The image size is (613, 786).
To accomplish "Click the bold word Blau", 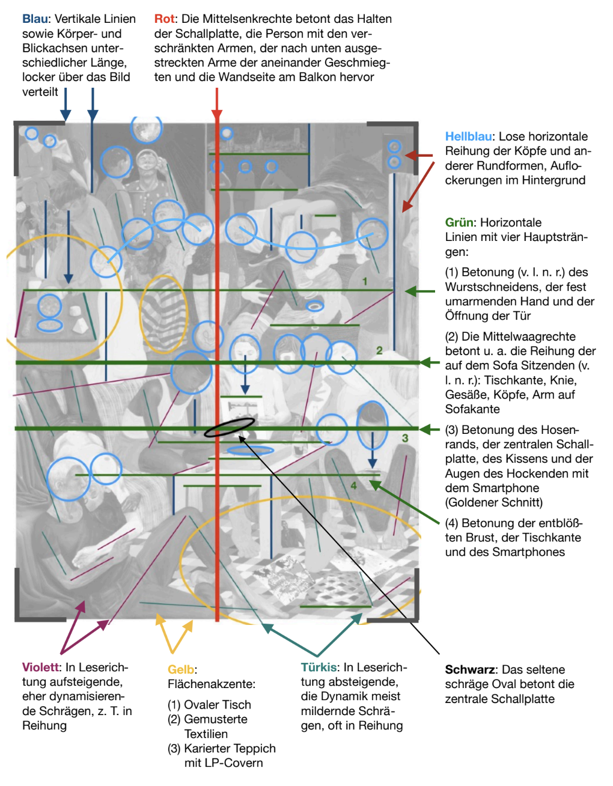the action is click(35, 19).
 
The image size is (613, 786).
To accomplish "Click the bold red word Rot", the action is click(164, 19).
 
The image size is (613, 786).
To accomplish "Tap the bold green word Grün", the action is click(459, 223).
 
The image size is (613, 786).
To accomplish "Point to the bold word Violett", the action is click(41, 668).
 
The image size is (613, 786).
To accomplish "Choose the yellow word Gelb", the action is click(181, 670).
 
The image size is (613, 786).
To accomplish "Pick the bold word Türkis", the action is click(319, 668).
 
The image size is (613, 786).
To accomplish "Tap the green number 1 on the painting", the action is click(365, 281).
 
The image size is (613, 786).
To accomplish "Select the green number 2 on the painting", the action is click(379, 350).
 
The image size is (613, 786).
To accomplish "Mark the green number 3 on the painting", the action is click(405, 438).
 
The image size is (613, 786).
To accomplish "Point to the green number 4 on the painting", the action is click(353, 486).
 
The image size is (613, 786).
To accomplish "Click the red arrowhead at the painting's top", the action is click(217, 115).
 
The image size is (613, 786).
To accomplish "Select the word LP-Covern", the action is click(224, 763).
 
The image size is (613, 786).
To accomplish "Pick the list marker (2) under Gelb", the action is click(174, 720).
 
